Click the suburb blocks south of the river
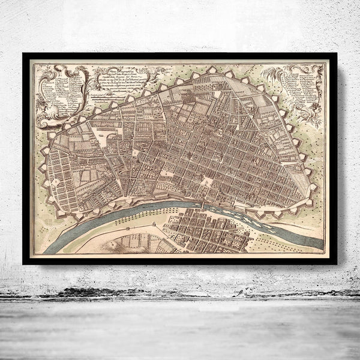pos(198,231)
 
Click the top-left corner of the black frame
pos(24,55)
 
